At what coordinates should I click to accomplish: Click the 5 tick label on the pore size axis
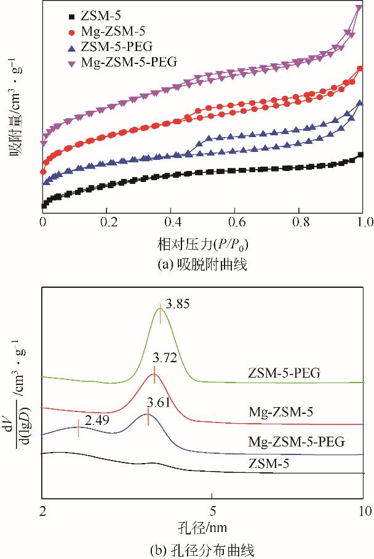[212, 510]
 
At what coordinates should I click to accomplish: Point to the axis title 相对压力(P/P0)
[202, 245]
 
